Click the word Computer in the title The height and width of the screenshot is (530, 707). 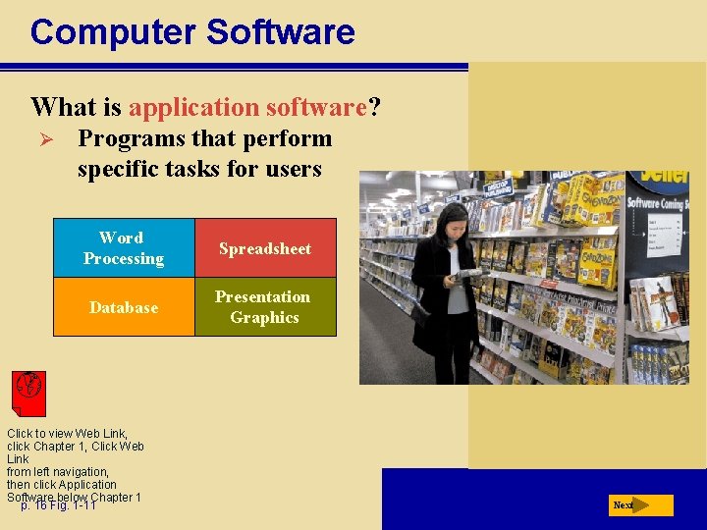pyautogui.click(x=112, y=32)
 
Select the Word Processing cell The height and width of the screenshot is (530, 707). pyautogui.click(x=124, y=248)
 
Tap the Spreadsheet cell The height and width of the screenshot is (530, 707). pyautogui.click(x=265, y=248)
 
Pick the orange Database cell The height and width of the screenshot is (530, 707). pyautogui.click(x=124, y=307)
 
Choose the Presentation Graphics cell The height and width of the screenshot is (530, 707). pyautogui.click(x=265, y=307)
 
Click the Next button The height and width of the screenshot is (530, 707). pyautogui.click(x=639, y=505)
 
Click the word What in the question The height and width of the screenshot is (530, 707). pyautogui.click(x=61, y=106)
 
